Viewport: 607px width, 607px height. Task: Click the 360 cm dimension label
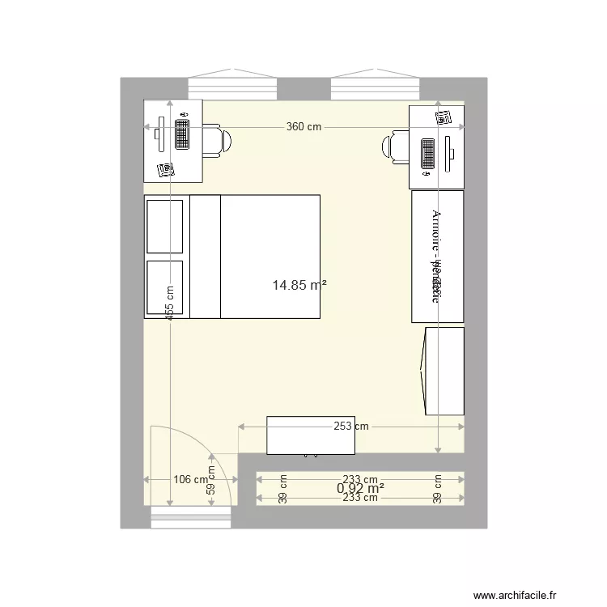coord(303,127)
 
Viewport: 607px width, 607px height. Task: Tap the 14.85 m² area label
coord(299,285)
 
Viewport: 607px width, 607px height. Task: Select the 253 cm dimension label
coord(350,426)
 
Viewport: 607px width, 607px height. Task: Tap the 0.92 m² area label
coord(360,488)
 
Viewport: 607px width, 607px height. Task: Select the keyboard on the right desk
coord(427,154)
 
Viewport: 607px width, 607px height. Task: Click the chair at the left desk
coord(215,139)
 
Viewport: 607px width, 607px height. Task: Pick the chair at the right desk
coord(396,146)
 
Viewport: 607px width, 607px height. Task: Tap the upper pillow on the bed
coord(165,227)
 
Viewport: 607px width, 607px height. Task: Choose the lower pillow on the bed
coord(165,287)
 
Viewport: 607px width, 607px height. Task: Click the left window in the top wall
coord(233,87)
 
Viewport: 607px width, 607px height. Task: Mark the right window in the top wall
coord(376,87)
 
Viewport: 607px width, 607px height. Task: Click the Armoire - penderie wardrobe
coord(437,256)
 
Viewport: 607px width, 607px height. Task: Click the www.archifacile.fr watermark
coord(526,594)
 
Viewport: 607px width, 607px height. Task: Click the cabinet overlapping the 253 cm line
coord(311,436)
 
